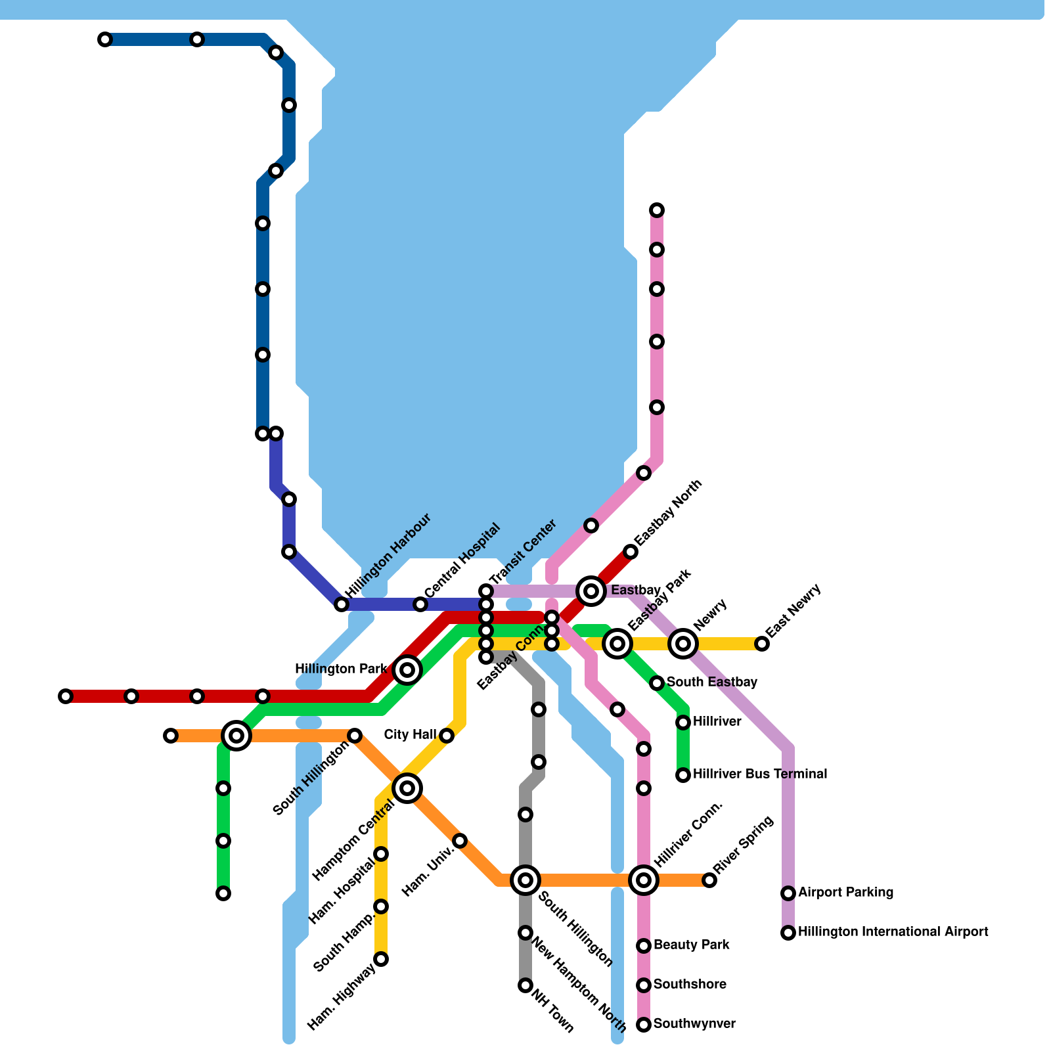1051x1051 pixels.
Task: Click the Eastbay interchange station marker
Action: coord(591,591)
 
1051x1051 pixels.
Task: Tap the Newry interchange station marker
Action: coord(683,644)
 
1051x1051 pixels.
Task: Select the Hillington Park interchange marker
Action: coord(407,670)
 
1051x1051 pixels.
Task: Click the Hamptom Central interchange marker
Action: coord(407,788)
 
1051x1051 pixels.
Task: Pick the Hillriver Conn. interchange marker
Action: coord(644,880)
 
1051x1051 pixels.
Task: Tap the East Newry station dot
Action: coord(762,644)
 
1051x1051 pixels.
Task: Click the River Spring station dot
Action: coord(709,880)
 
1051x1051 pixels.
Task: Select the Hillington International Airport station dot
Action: coord(788,933)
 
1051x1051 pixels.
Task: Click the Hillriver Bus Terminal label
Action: coord(759,774)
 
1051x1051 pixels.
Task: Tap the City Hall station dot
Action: coord(447,736)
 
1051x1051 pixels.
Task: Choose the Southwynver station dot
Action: coord(644,1025)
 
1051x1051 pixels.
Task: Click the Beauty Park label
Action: coord(691,945)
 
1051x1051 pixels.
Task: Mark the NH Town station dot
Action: coord(525,985)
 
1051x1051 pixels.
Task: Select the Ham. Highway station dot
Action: coord(381,959)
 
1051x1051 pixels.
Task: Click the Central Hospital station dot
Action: coord(420,604)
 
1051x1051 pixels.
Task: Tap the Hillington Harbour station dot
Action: coord(342,604)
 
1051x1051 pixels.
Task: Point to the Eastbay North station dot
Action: coord(631,552)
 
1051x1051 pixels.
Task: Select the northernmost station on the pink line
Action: coord(657,210)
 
